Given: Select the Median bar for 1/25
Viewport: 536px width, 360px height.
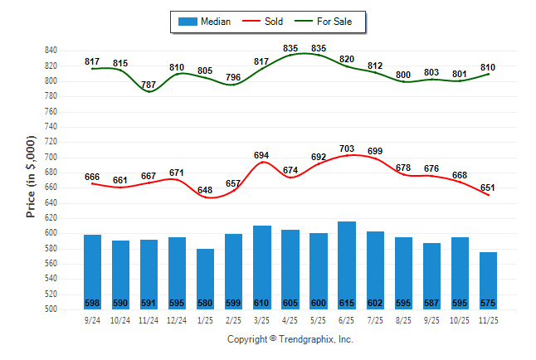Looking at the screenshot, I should [x=206, y=279].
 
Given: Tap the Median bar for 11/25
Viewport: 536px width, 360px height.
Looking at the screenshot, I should [x=488, y=280].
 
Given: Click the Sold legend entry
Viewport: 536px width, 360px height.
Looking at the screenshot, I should [x=268, y=22].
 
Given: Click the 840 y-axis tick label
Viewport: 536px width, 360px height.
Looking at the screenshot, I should [x=50, y=51].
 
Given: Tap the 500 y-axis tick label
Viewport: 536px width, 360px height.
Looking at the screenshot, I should [x=50, y=309].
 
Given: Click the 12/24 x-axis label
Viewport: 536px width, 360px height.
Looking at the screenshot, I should [x=177, y=320].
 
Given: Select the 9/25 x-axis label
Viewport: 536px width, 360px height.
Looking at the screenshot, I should [x=431, y=320].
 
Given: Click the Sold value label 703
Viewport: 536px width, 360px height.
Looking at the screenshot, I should [x=347, y=149].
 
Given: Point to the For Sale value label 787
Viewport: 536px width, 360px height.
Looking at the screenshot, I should [x=149, y=85].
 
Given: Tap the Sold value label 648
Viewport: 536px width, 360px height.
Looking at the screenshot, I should [x=205, y=190].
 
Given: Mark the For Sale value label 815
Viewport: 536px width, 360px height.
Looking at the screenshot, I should [x=120, y=63].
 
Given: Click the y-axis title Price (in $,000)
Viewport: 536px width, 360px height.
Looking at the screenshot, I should [x=31, y=179].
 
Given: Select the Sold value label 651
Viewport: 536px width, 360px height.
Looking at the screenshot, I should [x=488, y=187].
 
